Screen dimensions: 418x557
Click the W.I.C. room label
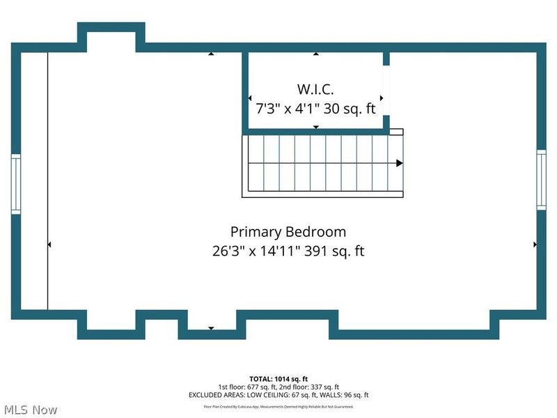(x=315, y=89)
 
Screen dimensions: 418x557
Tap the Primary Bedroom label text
(x=288, y=231)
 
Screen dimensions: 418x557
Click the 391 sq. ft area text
(x=337, y=251)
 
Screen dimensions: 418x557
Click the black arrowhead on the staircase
(x=399, y=163)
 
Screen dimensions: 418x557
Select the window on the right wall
(x=541, y=180)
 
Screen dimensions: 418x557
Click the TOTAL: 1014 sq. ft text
(x=278, y=378)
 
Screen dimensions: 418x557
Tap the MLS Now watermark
(x=31, y=410)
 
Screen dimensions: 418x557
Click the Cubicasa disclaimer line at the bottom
(x=278, y=406)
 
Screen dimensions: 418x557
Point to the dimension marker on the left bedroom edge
(x=49, y=245)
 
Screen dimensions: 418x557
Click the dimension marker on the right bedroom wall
(x=535, y=245)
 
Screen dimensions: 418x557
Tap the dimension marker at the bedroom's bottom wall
(x=211, y=328)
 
